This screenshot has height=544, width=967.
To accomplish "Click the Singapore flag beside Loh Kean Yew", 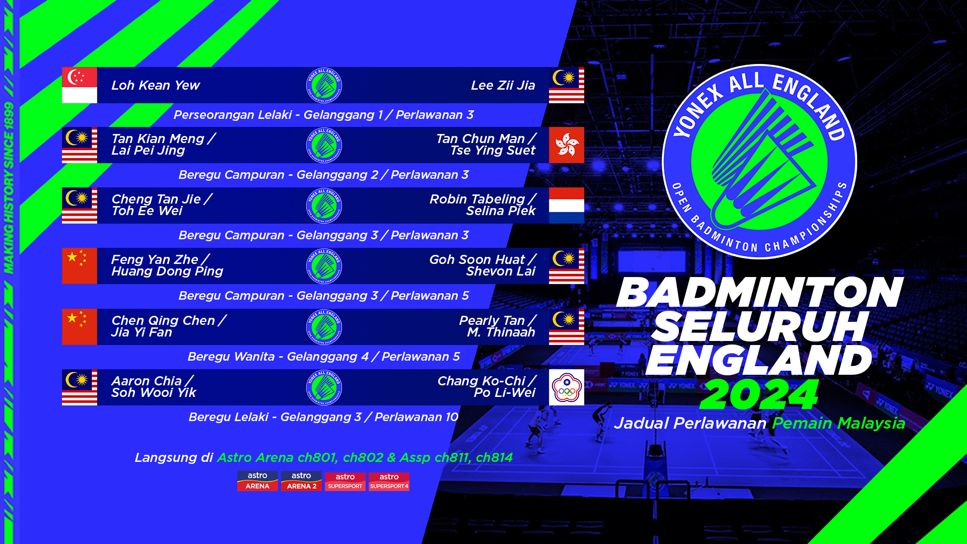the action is point(80,85).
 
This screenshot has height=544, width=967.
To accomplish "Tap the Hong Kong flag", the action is point(567,145).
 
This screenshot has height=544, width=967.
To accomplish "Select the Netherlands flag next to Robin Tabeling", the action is point(567,206).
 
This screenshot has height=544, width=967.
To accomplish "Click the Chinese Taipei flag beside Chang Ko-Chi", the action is point(567,387).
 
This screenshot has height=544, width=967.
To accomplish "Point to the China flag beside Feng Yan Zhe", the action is point(80,266).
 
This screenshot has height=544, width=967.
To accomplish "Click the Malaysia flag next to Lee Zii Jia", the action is point(567,85).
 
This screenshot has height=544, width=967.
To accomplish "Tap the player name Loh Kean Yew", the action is point(156,86).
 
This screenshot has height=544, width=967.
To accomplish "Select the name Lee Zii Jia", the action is point(503,86).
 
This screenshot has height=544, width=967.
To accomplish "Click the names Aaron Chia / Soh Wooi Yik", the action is point(154,387).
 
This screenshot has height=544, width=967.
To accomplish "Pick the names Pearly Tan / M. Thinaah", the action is point(498,326).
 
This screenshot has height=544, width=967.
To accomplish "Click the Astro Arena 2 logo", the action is point(301,481).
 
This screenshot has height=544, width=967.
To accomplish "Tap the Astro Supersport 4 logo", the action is point(389,481).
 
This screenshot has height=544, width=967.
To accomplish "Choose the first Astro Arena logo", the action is point(257,481).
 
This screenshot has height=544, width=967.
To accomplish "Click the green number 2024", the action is point(759,394).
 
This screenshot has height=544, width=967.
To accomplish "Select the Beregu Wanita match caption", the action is point(324,357).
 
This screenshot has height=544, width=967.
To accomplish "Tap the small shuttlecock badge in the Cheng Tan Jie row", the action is point(324,206).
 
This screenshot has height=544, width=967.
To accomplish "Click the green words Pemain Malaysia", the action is point(839,424).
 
